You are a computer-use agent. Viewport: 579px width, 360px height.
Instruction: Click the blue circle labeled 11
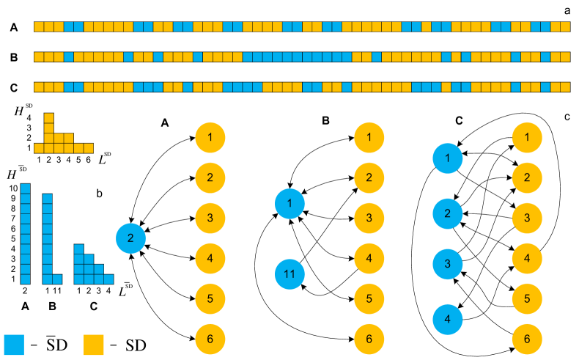click(x=289, y=274)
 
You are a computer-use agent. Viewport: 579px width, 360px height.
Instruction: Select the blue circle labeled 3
click(x=448, y=264)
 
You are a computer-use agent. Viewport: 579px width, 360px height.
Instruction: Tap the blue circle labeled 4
click(x=448, y=319)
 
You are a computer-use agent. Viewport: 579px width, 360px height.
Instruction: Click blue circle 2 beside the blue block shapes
click(x=130, y=238)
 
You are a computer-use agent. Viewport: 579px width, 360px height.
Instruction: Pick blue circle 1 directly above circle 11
click(x=289, y=203)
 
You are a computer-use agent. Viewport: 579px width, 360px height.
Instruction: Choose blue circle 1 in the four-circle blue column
click(x=448, y=158)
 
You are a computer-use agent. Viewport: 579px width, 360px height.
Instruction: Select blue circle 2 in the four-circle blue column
click(x=448, y=213)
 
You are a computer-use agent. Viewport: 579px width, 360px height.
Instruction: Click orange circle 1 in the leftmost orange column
click(x=210, y=137)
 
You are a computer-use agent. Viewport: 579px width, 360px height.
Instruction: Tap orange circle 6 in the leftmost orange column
click(x=210, y=339)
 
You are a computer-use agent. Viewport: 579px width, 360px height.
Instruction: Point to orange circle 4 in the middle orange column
click(x=369, y=258)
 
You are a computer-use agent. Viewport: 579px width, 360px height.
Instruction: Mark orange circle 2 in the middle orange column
click(x=369, y=177)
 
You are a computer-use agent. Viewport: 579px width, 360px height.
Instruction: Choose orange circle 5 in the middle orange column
click(x=369, y=298)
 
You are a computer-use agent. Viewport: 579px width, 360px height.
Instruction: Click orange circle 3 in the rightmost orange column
click(x=527, y=218)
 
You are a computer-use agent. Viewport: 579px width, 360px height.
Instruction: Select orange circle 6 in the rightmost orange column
click(x=527, y=339)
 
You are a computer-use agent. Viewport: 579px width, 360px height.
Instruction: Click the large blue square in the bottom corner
click(x=14, y=345)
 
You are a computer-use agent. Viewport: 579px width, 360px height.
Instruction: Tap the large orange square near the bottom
click(x=94, y=345)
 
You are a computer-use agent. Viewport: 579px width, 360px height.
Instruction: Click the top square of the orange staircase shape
click(x=49, y=117)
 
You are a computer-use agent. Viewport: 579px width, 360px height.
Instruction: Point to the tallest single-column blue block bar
click(x=26, y=233)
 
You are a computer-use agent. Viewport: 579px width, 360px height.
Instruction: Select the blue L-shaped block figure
click(x=48, y=242)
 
